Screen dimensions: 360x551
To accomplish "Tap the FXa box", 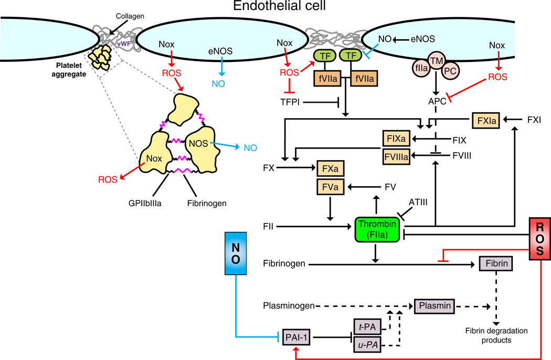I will tap(332, 170).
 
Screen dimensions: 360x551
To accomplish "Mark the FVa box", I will tap(332, 186).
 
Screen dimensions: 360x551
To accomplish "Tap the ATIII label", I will tap(420, 202).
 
